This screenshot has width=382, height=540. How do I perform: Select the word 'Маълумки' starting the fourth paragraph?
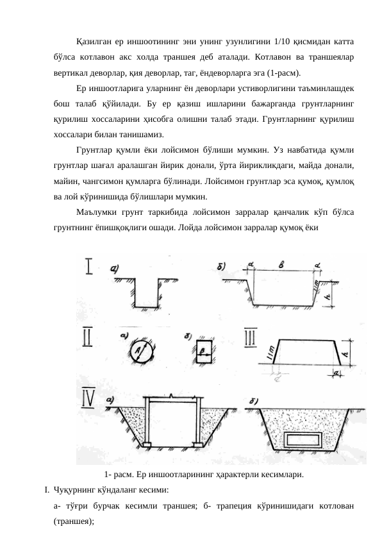[x=95, y=212]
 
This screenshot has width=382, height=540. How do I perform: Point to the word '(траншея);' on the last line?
[x=75, y=521]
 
